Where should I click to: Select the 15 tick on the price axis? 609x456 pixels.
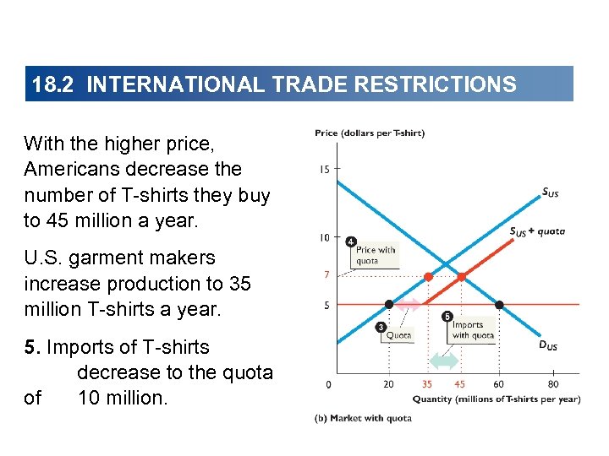pyautogui.click(x=325, y=170)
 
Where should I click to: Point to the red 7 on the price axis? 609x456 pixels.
pyautogui.click(x=326, y=275)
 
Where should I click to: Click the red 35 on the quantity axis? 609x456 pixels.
pyautogui.click(x=427, y=385)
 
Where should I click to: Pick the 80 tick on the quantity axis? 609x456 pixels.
pyautogui.click(x=552, y=385)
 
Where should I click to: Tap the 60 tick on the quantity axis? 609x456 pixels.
pyautogui.click(x=498, y=385)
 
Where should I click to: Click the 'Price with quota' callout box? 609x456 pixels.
pyautogui.click(x=376, y=255)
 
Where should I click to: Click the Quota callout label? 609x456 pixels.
pyautogui.click(x=398, y=334)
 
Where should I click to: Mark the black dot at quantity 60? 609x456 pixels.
pyautogui.click(x=499, y=304)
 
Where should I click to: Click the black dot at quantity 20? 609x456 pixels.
pyautogui.click(x=389, y=304)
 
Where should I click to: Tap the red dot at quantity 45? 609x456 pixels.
pyautogui.click(x=462, y=276)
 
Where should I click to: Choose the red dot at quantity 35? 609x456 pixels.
pyautogui.click(x=428, y=276)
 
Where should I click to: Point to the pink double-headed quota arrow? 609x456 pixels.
pyautogui.click(x=409, y=304)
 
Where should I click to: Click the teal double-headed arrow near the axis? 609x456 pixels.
pyautogui.click(x=444, y=361)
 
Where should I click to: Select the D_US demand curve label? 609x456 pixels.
pyautogui.click(x=548, y=345)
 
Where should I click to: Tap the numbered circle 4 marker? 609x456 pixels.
pyautogui.click(x=351, y=242)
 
